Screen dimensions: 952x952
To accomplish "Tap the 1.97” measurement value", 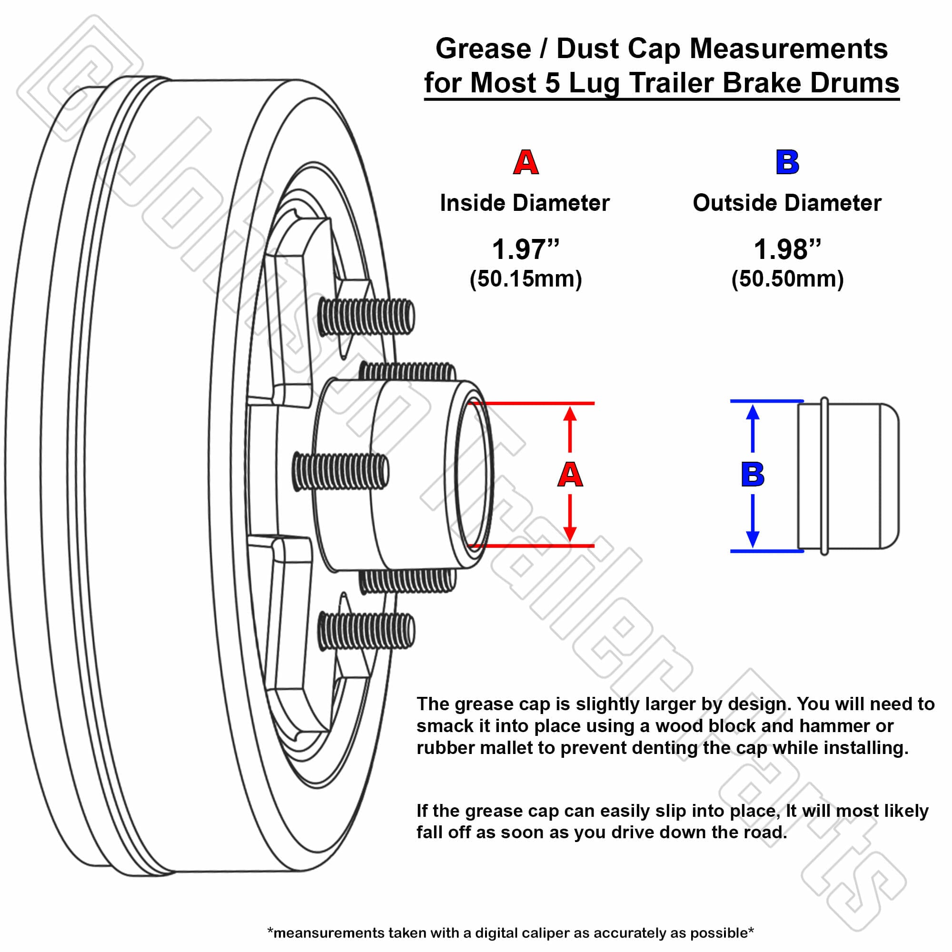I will pyautogui.click(x=526, y=249).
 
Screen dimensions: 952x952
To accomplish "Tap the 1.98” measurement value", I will pyautogui.click(x=787, y=249).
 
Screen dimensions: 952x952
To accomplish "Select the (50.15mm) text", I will pyautogui.click(x=526, y=279).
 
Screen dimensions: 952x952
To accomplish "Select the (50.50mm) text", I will pyautogui.click(x=787, y=279).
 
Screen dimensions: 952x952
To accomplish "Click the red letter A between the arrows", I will pyautogui.click(x=570, y=474).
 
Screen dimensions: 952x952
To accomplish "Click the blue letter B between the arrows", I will pyautogui.click(x=753, y=474).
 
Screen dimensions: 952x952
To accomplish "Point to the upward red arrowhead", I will pyautogui.click(x=570, y=414).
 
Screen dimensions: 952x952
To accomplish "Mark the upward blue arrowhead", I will pyautogui.click(x=753, y=412).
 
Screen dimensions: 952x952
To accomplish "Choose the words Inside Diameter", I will pyautogui.click(x=525, y=203).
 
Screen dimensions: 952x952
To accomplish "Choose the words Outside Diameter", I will pyautogui.click(x=787, y=203).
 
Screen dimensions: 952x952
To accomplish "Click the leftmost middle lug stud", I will pyautogui.click(x=340, y=472).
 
